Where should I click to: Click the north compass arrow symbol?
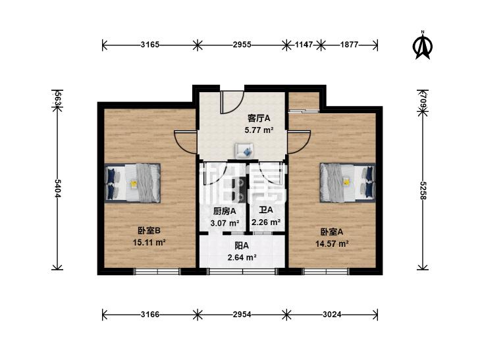422,46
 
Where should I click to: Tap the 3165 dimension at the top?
150,45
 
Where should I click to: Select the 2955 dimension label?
242,45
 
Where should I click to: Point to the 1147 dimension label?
302,45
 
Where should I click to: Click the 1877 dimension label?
349,45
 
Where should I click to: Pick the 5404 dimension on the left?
59,190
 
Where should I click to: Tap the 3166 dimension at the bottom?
150,315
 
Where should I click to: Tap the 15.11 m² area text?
149,242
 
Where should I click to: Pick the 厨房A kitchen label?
223,212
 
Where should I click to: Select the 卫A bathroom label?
266,211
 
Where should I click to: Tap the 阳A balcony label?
242,246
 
